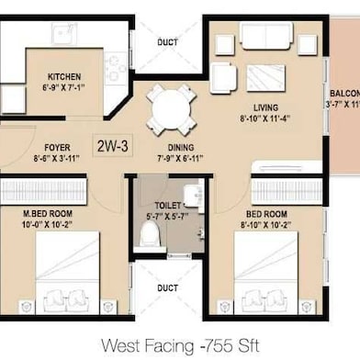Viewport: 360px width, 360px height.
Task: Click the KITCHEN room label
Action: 64,77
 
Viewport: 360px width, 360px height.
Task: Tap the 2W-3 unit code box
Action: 112,144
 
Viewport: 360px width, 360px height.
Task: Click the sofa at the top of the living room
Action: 267,37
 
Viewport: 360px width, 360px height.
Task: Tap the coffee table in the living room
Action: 266,75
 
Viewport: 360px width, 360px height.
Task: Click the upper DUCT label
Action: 168,40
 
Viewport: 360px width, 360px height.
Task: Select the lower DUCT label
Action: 167,287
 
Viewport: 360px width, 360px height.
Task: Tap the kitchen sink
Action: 64,35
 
